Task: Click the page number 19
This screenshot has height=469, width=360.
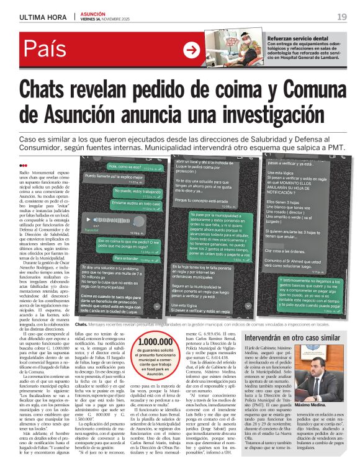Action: (x=342, y=16)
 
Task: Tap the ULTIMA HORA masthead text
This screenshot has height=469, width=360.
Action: (x=41, y=17)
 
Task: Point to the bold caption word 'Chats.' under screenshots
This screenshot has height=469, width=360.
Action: (x=81, y=324)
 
